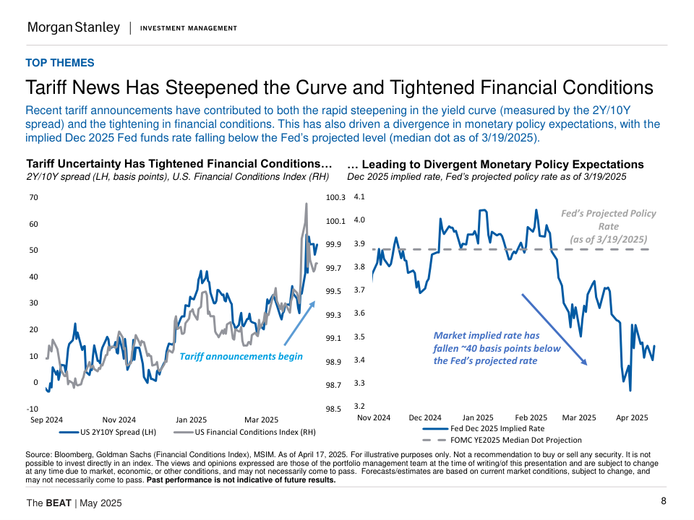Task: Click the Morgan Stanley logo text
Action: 74,27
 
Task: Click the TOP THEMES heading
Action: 59,63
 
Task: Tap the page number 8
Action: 664,502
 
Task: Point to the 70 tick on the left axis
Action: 34,197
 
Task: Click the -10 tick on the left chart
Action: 33,409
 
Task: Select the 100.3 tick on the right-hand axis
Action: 337,197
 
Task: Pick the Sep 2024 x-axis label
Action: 47,420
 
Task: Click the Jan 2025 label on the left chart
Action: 191,420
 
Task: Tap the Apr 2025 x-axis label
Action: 631,417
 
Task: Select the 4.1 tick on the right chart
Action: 359,196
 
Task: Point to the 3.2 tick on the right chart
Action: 359,407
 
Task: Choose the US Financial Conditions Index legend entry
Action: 246,433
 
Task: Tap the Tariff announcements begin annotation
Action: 241,356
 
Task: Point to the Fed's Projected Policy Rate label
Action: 609,226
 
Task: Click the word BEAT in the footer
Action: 59,503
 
